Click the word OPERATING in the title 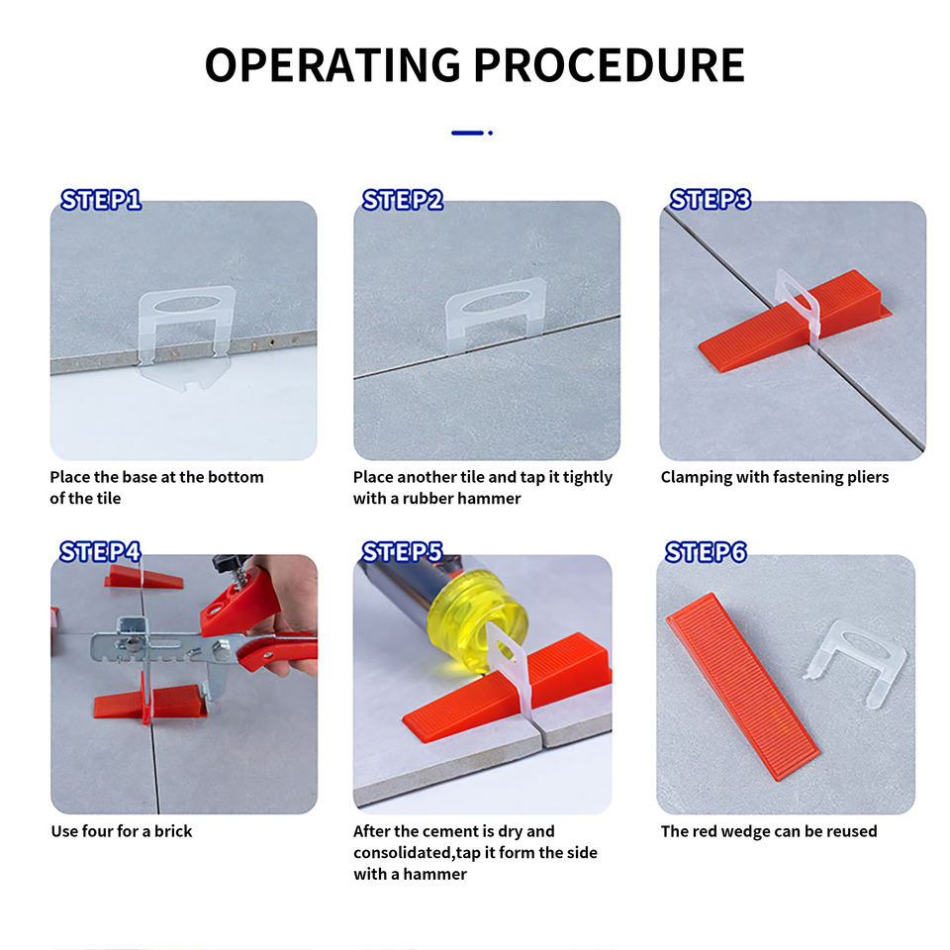pyautogui.click(x=333, y=65)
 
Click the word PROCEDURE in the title pyautogui.click(x=609, y=65)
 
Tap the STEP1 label pyautogui.click(x=101, y=200)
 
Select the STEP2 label pyautogui.click(x=403, y=200)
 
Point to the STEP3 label pyautogui.click(x=711, y=199)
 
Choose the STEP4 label pyautogui.click(x=101, y=552)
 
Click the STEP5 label pyautogui.click(x=403, y=552)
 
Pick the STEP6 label pyautogui.click(x=706, y=552)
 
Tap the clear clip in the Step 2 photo pyautogui.click(x=496, y=292)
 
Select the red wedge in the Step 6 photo pyautogui.click(x=743, y=686)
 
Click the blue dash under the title pyautogui.click(x=467, y=133)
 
